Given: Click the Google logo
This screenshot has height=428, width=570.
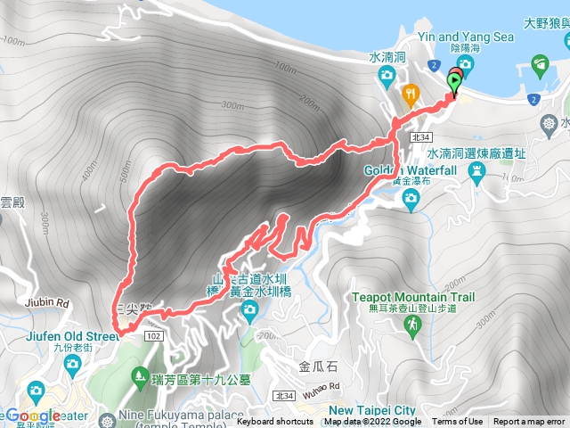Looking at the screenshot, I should [35, 416].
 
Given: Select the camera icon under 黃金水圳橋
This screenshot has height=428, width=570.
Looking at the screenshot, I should [250, 309].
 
